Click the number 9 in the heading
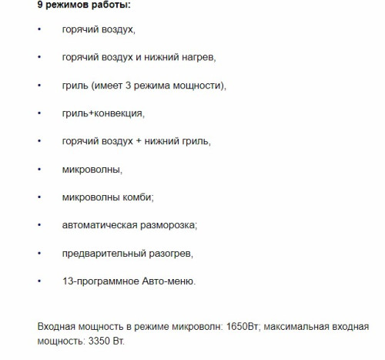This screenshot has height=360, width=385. pos(42,5)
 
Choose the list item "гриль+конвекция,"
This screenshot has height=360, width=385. pos(103,113)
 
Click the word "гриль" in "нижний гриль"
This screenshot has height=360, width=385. pos(193,141)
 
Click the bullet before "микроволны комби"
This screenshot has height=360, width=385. pos(39,197)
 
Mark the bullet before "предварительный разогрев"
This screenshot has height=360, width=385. pos(39,253)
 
